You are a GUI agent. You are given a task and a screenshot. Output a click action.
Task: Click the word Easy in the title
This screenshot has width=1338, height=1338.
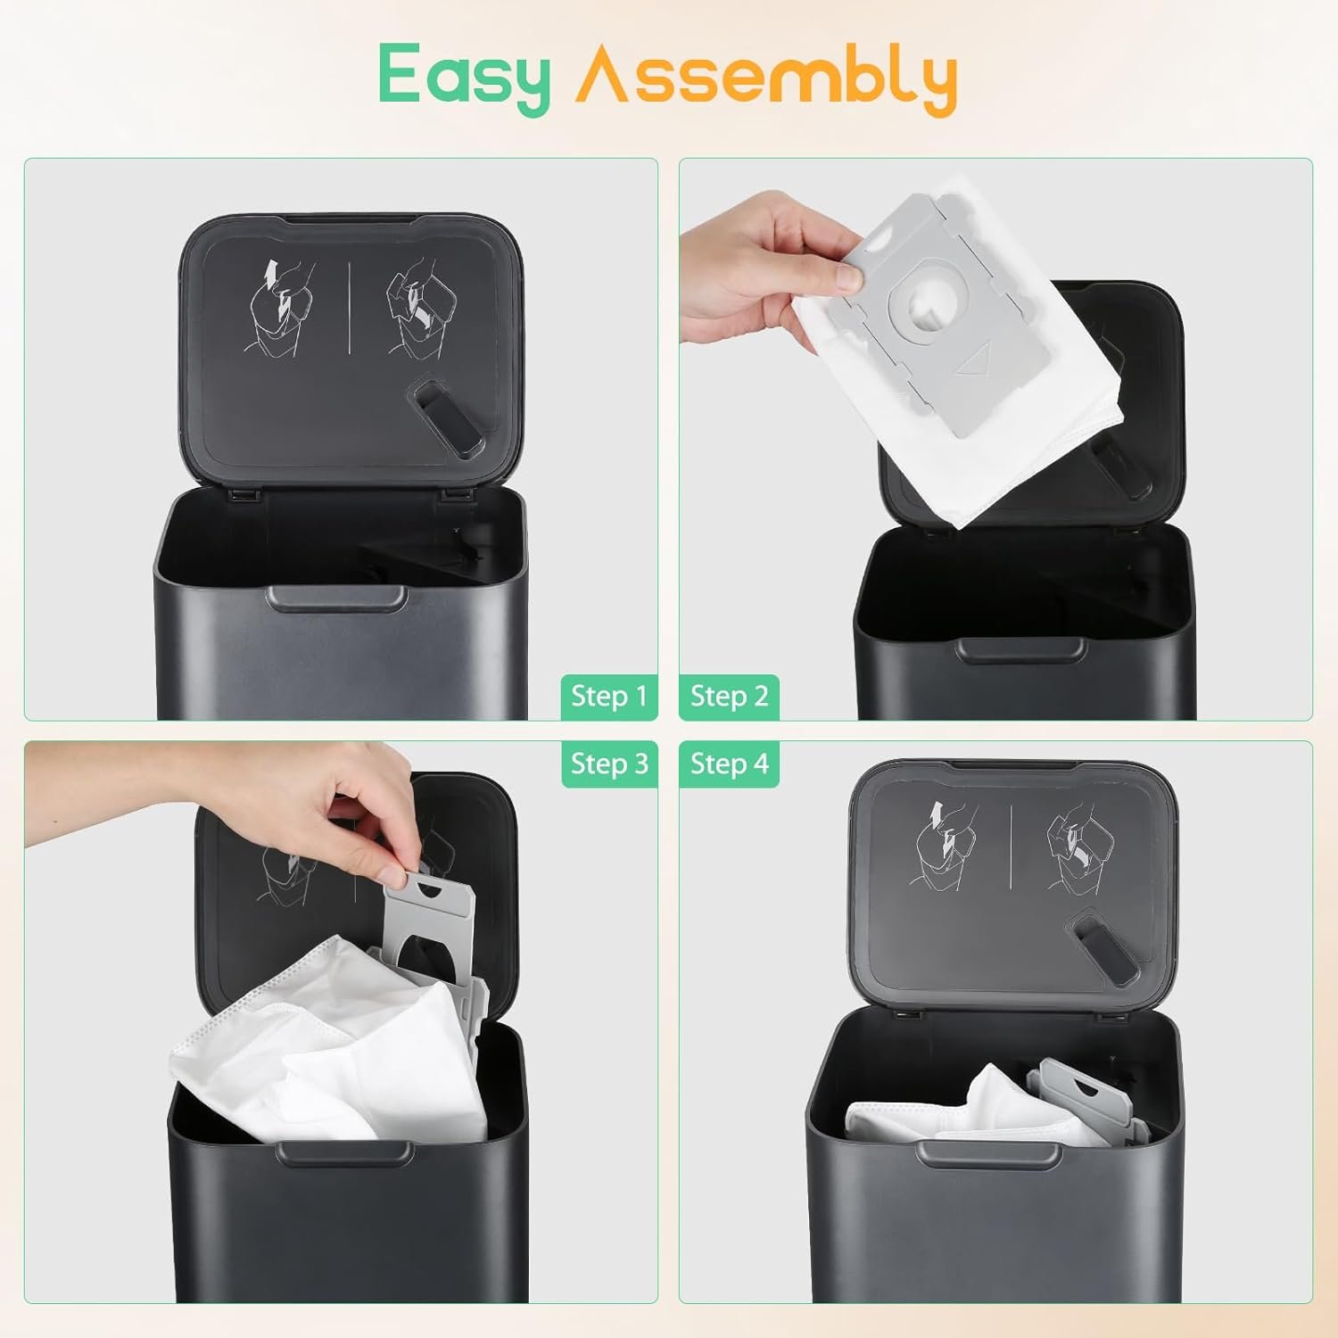click(464, 78)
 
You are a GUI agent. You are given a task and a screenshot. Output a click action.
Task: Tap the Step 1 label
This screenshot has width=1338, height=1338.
click(609, 696)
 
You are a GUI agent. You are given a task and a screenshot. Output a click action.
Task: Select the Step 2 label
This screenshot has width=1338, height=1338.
click(729, 696)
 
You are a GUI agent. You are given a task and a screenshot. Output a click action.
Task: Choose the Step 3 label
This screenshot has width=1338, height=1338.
click(609, 764)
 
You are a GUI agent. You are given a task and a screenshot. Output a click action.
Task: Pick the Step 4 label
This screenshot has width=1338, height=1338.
click(729, 764)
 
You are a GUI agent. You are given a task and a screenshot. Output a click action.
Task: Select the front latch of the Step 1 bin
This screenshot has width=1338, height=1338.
click(336, 598)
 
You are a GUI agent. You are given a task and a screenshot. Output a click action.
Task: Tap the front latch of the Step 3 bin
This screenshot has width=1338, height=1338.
click(343, 1152)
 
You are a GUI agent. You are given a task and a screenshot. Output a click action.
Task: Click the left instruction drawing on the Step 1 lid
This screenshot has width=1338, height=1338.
click(284, 309)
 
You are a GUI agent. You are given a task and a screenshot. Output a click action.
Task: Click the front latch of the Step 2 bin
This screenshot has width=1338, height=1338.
click(1012, 650)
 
